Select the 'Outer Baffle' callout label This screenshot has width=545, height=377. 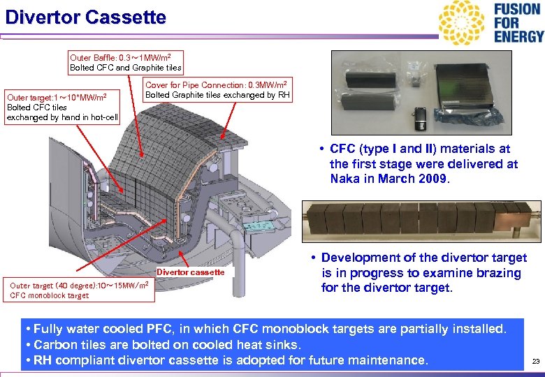click(x=126, y=62)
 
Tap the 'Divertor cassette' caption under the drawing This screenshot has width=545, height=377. click(x=191, y=272)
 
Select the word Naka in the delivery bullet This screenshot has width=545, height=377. click(x=345, y=179)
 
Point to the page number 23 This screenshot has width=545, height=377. click(x=536, y=362)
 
